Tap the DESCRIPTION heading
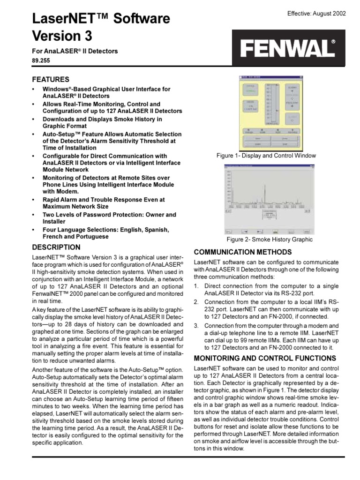point(56,247)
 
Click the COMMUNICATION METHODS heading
point(243,252)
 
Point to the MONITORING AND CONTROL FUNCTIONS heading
point(264,358)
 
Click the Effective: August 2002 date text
point(316,13)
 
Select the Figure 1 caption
point(266,156)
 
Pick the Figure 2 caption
point(269,240)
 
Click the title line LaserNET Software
point(101,19)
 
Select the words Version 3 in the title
point(62,36)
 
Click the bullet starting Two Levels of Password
point(109,218)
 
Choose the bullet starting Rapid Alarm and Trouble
point(104,202)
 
